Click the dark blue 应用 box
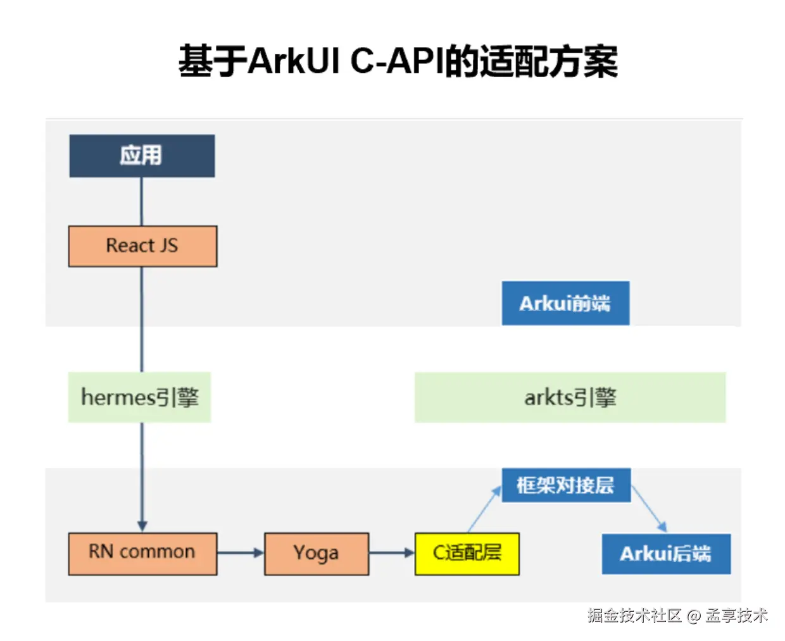[x=142, y=156]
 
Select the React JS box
[x=142, y=246]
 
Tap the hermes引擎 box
[x=139, y=397]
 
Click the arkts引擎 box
[x=570, y=397]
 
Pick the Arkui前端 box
[x=565, y=304]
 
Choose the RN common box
[x=142, y=553]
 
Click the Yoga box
[x=316, y=554]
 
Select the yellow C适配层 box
[x=467, y=554]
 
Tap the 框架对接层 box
[x=566, y=485]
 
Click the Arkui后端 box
[x=666, y=554]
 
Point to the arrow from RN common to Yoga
[x=240, y=553]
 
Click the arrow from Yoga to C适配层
[x=391, y=553]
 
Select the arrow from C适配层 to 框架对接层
[x=484, y=509]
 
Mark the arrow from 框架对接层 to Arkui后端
[x=649, y=509]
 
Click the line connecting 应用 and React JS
[x=141, y=201]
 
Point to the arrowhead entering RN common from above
[x=142, y=526]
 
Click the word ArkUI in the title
[x=294, y=62]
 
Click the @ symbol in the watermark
[x=694, y=616]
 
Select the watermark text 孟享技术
[x=737, y=616]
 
